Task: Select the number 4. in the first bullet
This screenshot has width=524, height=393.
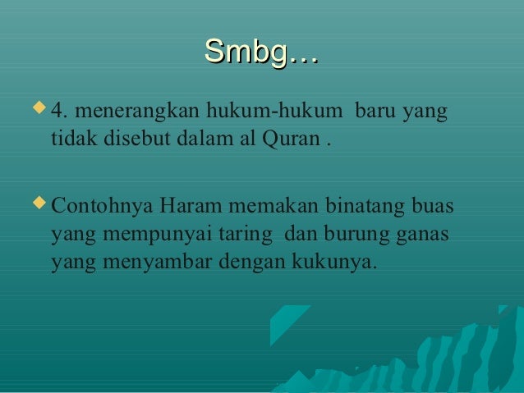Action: pyautogui.click(x=59, y=111)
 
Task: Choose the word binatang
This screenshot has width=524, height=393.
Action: pyautogui.click(x=358, y=205)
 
